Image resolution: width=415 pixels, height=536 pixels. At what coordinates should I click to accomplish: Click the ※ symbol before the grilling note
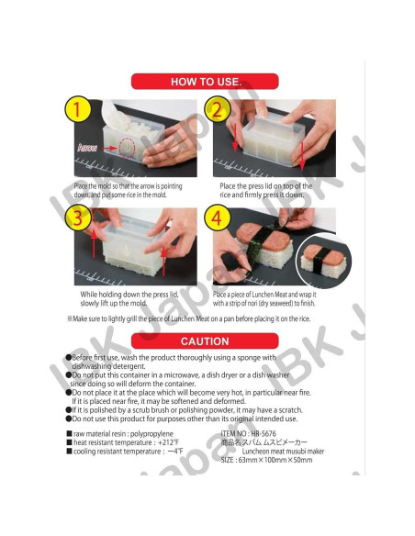point(70,318)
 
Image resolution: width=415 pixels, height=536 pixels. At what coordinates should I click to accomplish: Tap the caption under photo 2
point(266,190)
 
